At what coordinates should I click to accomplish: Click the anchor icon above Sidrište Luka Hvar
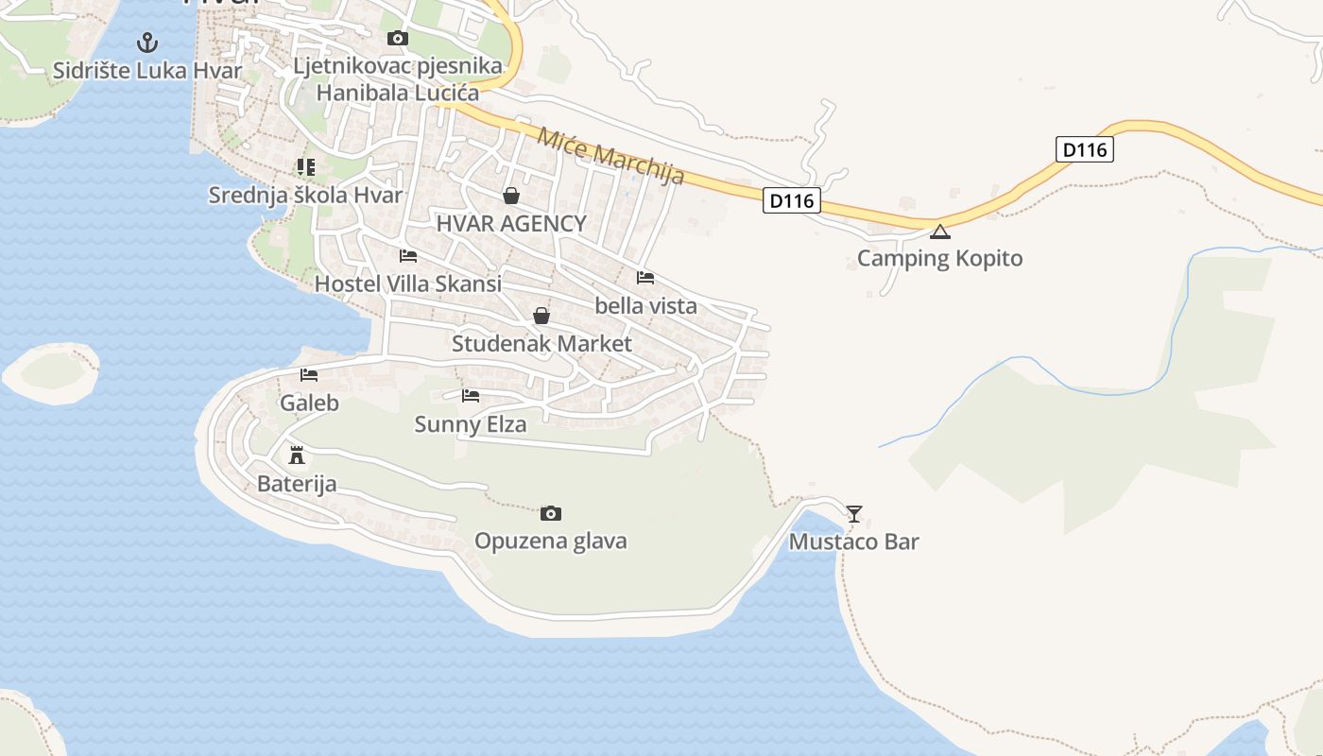(x=146, y=43)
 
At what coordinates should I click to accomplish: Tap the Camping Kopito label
(x=939, y=258)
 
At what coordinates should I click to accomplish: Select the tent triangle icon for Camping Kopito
(x=939, y=232)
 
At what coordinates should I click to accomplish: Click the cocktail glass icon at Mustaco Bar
(x=854, y=514)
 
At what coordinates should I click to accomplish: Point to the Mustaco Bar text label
(x=853, y=541)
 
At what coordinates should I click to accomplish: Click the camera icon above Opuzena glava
(x=551, y=513)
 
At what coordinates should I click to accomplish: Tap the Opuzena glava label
(x=550, y=541)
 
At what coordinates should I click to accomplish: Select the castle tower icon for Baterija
(x=297, y=455)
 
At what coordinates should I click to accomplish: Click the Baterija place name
(x=297, y=485)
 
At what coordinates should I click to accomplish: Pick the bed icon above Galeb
(x=309, y=375)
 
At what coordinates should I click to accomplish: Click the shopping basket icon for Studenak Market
(x=541, y=316)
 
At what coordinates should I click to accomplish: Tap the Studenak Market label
(x=541, y=343)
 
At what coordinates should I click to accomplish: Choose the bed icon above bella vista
(x=645, y=278)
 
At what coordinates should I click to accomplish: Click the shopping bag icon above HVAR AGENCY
(x=511, y=196)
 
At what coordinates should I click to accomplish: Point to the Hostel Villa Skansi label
(x=407, y=283)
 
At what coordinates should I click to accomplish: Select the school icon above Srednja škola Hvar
(x=305, y=167)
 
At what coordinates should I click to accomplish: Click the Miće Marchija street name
(x=610, y=155)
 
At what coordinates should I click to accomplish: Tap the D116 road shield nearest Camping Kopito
(x=791, y=200)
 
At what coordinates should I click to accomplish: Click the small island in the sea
(x=52, y=372)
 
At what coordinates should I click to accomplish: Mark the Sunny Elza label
(x=470, y=424)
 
